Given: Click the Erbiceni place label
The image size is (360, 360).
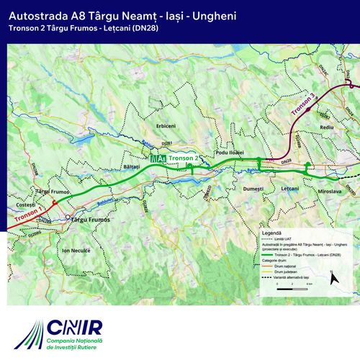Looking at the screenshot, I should tap(166, 126).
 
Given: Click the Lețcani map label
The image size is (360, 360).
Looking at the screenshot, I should tap(290, 188).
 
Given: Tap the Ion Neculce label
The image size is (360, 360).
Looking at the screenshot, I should tap(76, 250).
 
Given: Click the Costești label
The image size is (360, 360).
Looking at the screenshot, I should tap(26, 206).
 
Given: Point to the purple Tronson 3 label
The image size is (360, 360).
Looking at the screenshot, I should tap(304, 105).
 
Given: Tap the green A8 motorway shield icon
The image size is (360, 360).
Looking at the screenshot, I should tap(158, 158).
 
